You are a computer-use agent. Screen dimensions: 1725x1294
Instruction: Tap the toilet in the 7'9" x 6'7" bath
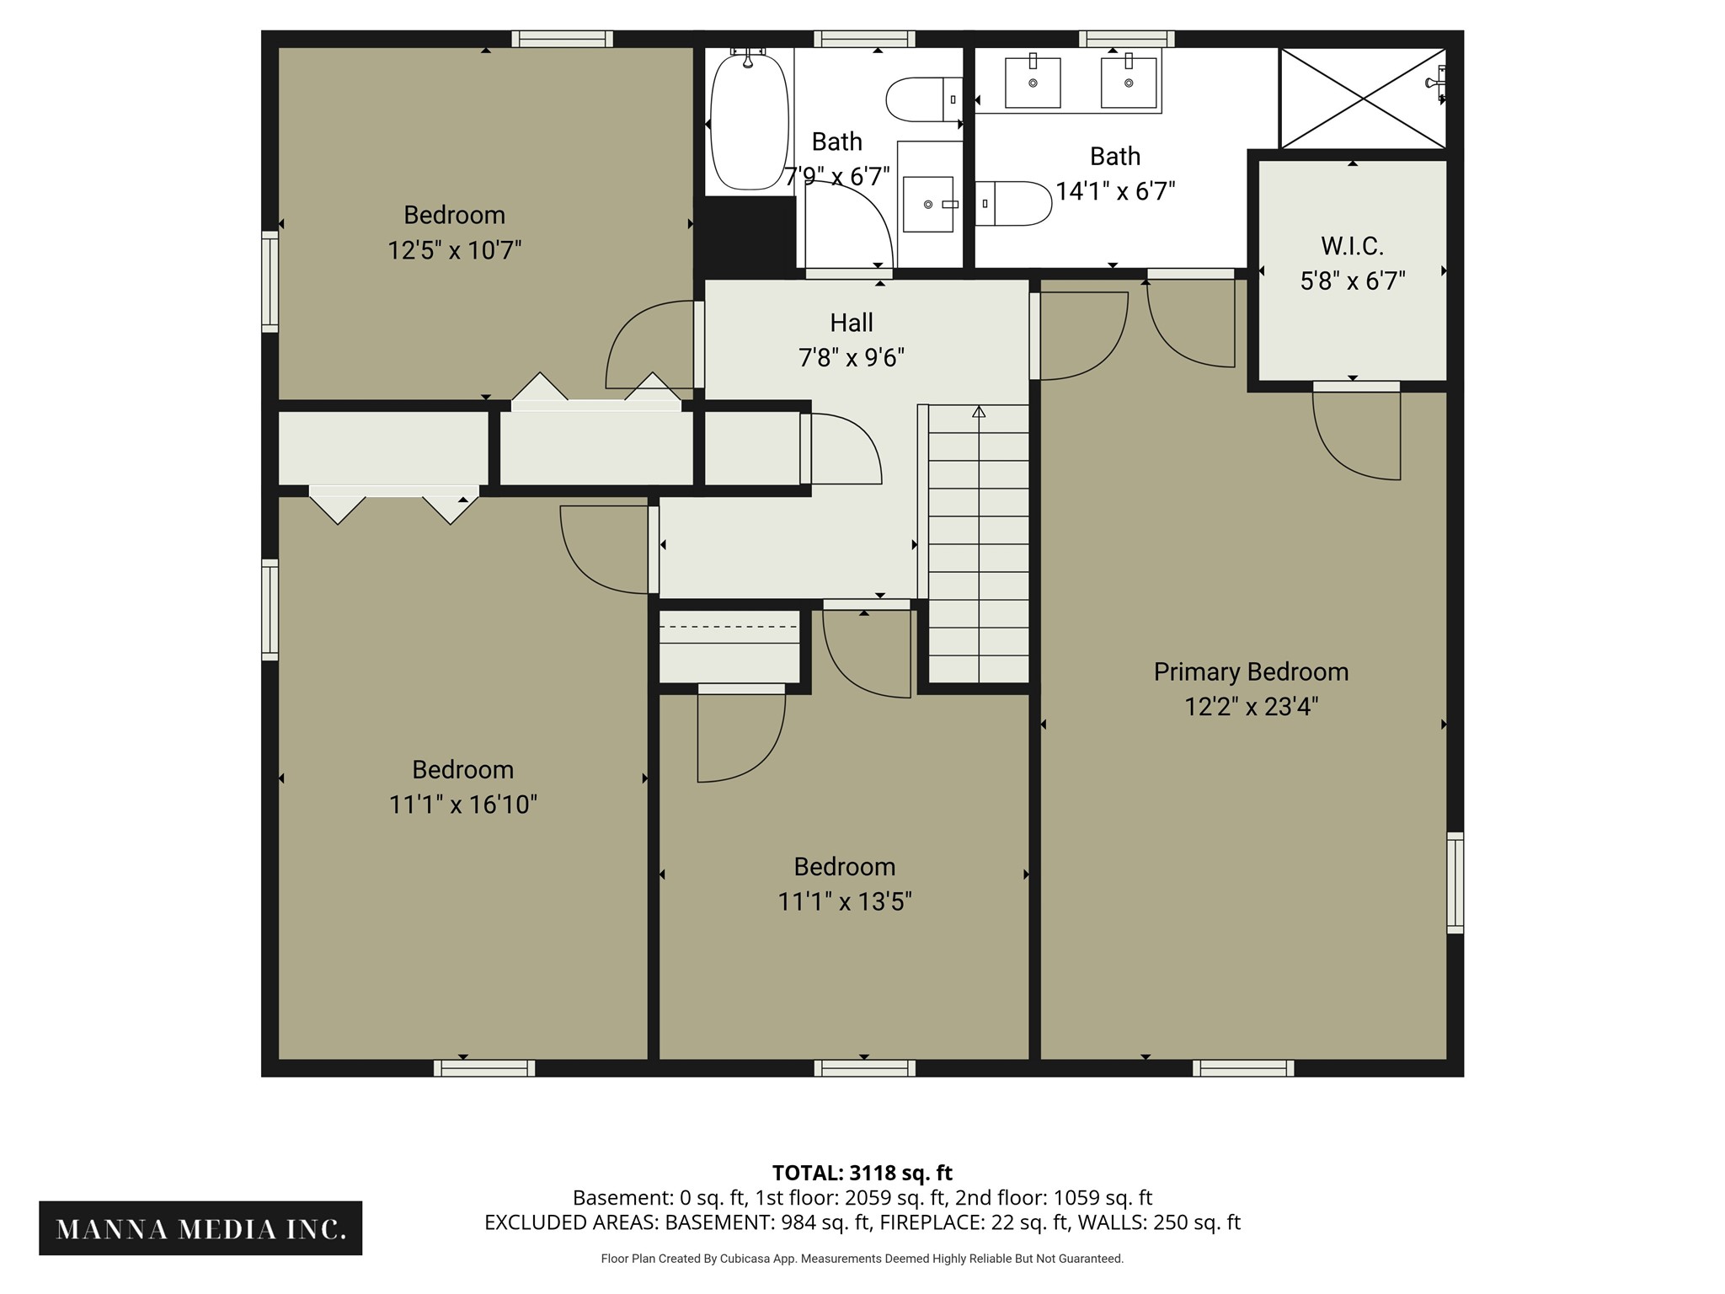tap(924, 99)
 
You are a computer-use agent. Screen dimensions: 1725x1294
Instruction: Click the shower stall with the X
tap(1363, 98)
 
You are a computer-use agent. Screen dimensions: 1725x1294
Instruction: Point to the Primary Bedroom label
tap(1251, 671)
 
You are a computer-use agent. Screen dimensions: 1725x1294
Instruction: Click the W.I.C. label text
tap(1352, 246)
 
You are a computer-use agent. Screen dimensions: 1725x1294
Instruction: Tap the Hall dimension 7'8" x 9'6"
tap(852, 358)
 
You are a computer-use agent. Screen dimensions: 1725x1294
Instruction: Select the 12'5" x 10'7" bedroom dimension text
tap(455, 250)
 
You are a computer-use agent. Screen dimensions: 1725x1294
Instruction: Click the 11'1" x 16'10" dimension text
tap(463, 805)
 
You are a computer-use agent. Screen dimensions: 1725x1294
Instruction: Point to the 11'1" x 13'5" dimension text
tap(845, 902)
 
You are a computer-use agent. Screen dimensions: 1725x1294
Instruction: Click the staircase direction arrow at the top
tap(979, 412)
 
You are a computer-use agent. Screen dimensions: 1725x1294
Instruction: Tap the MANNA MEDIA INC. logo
tap(200, 1228)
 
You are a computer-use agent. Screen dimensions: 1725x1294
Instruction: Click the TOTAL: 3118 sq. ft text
tap(862, 1173)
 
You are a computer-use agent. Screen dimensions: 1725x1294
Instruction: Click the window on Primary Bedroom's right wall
tap(1455, 883)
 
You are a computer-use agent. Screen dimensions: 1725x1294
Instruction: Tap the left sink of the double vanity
tap(1033, 82)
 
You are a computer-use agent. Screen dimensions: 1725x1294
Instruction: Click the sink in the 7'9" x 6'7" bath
tap(928, 204)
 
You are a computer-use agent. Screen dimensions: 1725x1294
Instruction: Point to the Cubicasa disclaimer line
tap(862, 1259)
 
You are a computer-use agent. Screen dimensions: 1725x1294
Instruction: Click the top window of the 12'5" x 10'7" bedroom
tap(562, 39)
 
